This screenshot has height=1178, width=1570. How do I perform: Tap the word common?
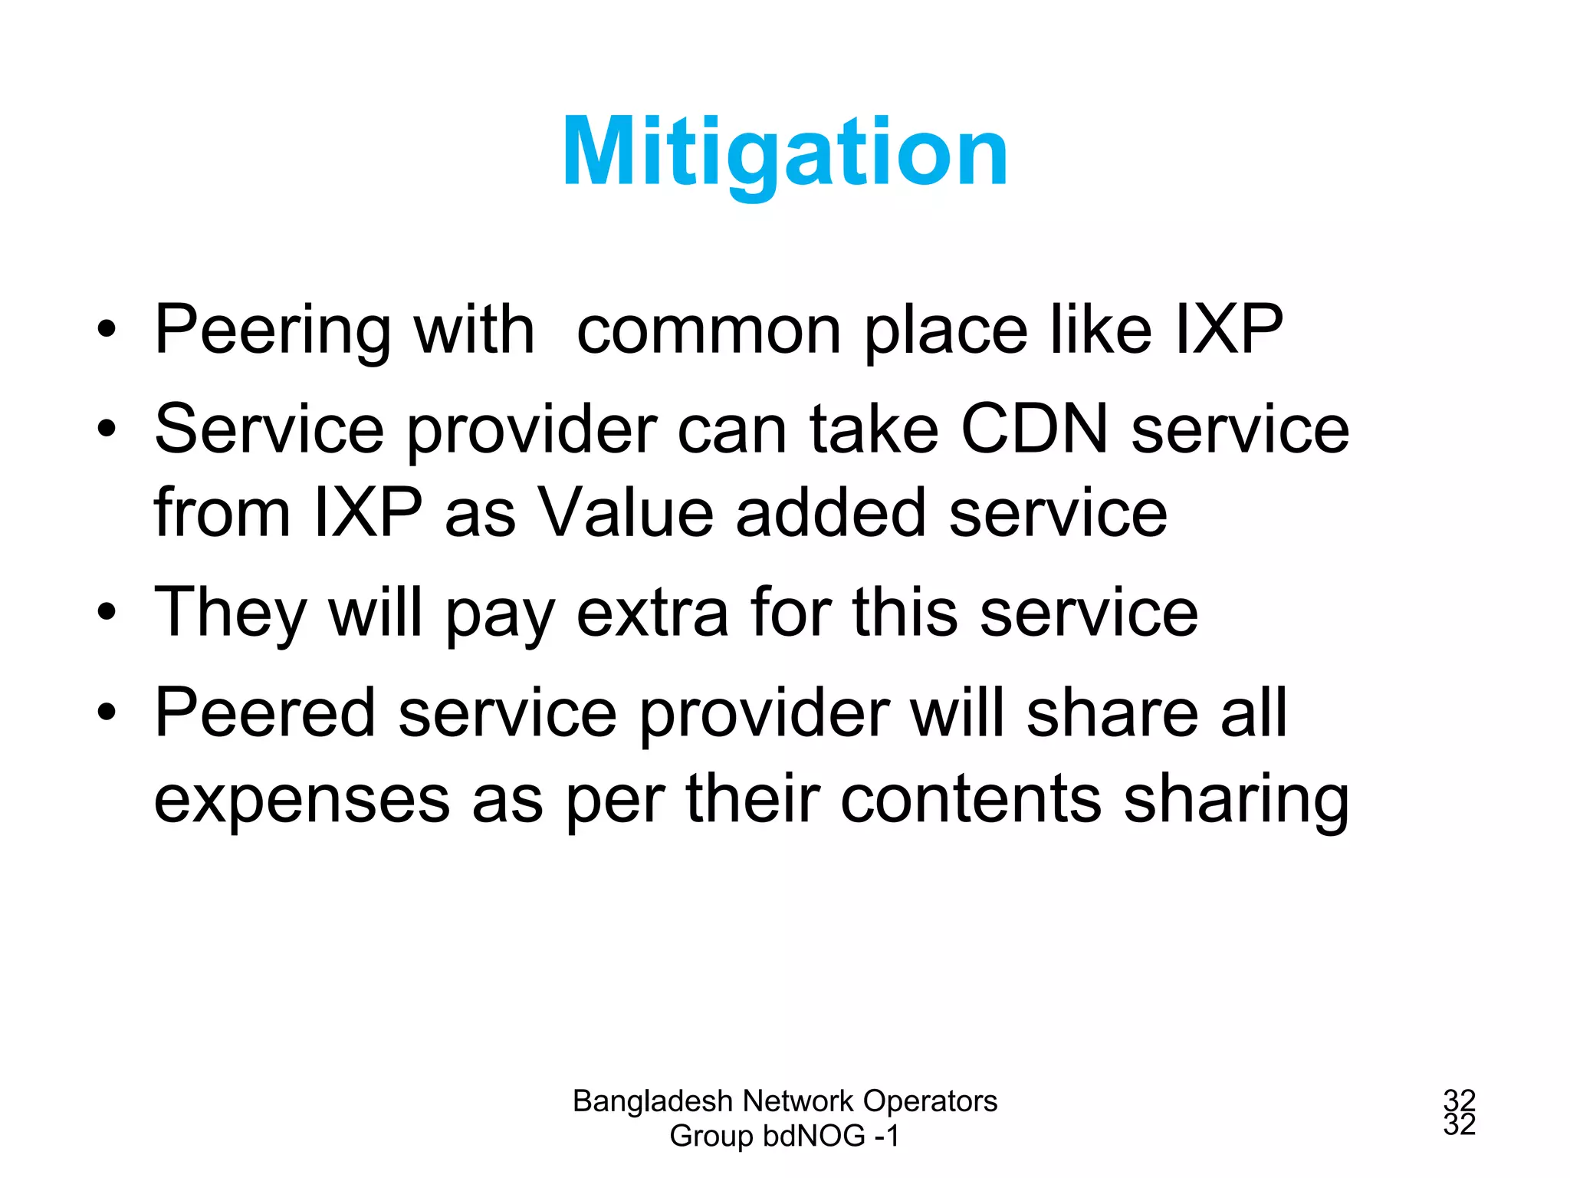click(x=709, y=331)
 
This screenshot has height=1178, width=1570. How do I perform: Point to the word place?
click(x=946, y=331)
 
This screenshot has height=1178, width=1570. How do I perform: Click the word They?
click(x=231, y=614)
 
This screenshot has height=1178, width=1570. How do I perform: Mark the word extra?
click(x=652, y=614)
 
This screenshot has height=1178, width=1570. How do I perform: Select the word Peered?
click(x=265, y=713)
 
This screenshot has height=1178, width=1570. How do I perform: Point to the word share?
click(x=1112, y=713)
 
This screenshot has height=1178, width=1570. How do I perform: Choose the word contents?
click(x=971, y=799)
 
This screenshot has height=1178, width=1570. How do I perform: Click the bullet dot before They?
click(x=107, y=613)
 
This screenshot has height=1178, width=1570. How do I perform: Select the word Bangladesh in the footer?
click(x=653, y=1102)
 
